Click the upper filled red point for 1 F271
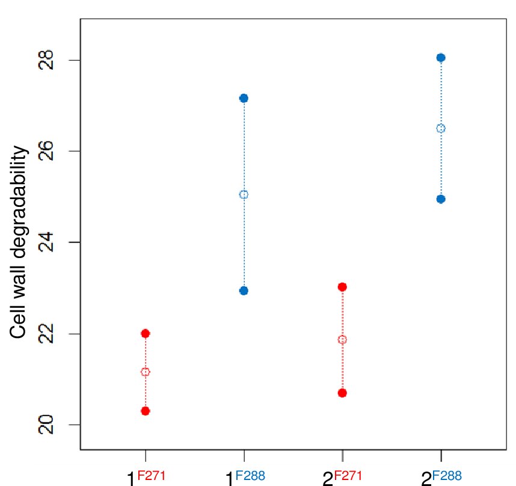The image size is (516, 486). pos(145,333)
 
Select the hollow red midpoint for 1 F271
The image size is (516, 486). pos(145,372)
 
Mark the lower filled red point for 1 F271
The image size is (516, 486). pos(145,411)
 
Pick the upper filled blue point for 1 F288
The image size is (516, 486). pos(244,98)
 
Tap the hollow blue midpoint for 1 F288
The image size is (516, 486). pos(244,194)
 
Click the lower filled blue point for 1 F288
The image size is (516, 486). pos(244,291)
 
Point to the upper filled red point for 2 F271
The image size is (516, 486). pos(342,287)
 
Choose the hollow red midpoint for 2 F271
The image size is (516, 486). pos(342,340)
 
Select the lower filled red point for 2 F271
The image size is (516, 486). pos(342,393)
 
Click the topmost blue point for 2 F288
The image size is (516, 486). pos(441,58)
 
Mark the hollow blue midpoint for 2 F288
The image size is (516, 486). pos(441,128)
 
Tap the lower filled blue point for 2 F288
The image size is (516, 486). pos(441,199)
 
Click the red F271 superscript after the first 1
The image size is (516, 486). pos(151,476)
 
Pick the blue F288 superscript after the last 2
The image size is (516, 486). pos(447,476)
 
